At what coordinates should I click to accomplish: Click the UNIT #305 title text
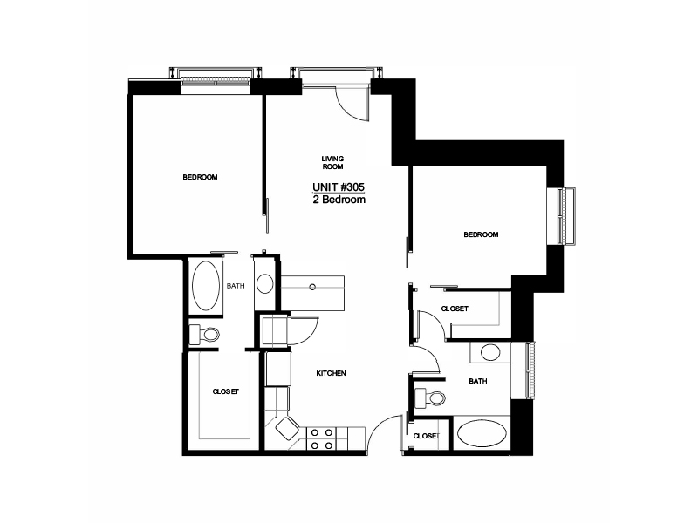(339, 187)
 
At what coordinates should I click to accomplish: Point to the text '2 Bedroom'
(339, 200)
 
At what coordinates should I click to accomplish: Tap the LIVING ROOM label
(332, 163)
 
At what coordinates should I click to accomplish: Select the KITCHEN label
(331, 373)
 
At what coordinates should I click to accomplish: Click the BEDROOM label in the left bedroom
(200, 177)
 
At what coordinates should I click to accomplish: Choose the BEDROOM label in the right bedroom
(481, 234)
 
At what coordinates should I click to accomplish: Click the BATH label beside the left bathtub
(236, 286)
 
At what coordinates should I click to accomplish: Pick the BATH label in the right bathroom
(477, 381)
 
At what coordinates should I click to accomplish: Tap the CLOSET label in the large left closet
(225, 391)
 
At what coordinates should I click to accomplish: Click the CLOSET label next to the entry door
(426, 436)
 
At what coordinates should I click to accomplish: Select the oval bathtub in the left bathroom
(206, 286)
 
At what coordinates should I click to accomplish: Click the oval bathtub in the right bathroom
(482, 433)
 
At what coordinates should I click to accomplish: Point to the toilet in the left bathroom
(204, 334)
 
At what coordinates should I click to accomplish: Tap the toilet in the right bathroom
(429, 397)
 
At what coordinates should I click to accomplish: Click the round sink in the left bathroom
(265, 284)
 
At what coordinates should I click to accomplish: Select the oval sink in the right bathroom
(490, 352)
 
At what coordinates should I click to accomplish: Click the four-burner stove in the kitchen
(321, 439)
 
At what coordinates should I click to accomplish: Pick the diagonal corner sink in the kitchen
(287, 428)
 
